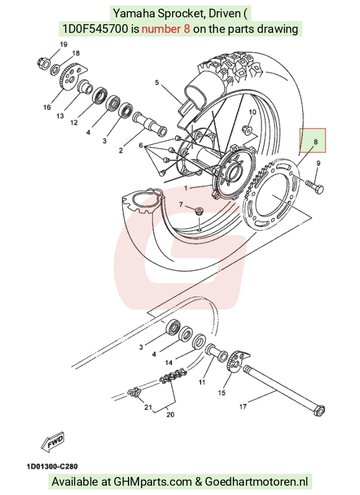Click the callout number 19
pos(63,45)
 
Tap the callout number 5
pos(157,82)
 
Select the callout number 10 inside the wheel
pos(253,112)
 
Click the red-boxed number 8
pos(315,142)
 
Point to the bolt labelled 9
pos(315,186)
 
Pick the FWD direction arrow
pos(53,441)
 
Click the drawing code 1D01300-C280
pos(52,466)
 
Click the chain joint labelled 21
pos(133,393)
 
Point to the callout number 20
pos(170,414)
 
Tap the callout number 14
pos(169,362)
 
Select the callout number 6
pos(141,146)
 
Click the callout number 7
pos(181,205)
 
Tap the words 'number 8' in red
pos(166,29)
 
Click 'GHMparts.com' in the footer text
pos(153,482)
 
